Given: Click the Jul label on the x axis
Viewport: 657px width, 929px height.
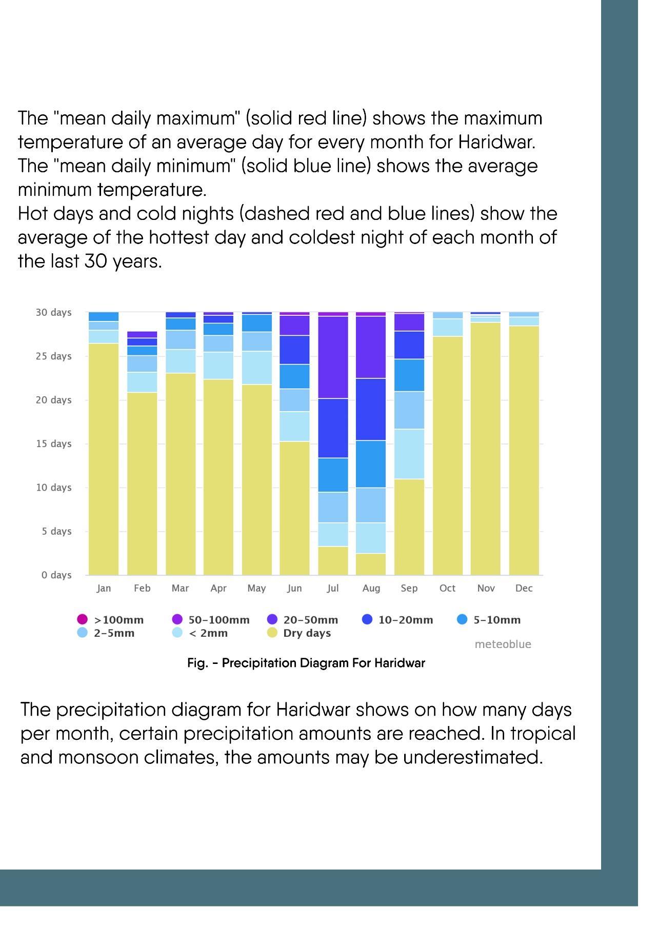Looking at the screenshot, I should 332,588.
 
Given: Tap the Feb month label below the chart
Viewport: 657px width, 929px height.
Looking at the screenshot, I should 142,588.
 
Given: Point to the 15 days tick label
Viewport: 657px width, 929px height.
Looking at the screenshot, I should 53,443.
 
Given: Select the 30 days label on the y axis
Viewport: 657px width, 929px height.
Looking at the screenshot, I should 53,312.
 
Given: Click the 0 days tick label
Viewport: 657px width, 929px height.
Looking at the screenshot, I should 56,575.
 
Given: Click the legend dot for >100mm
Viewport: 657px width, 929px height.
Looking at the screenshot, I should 82,619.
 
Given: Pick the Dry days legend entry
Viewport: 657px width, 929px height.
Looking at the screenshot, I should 307,633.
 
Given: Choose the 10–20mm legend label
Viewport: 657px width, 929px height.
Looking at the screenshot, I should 405,620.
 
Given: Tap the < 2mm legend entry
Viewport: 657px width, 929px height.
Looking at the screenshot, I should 208,633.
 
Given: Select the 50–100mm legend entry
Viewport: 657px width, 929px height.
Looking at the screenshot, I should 218,620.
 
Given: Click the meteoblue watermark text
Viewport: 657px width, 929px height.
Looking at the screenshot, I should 503,644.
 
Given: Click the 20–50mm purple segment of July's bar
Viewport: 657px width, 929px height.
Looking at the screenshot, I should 333,357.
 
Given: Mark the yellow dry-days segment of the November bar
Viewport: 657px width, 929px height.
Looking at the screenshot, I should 486,449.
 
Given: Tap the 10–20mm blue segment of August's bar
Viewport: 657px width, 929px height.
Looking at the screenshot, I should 371,409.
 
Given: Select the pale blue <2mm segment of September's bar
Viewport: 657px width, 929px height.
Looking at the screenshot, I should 409,454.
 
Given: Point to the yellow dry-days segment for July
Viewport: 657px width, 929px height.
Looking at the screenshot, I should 333,560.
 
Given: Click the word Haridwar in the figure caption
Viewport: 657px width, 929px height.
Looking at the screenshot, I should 399,663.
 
